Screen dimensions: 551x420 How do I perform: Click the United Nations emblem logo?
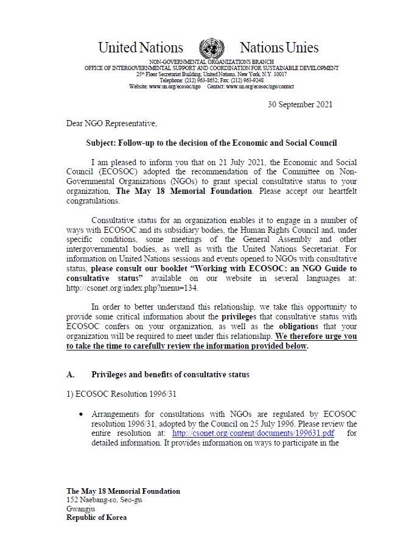coord(211,48)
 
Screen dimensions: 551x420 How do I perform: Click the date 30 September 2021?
coord(300,104)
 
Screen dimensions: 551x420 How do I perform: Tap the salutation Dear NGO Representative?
coord(111,124)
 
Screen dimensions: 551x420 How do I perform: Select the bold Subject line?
coord(211,143)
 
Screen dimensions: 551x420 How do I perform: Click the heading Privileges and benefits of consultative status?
coord(170,374)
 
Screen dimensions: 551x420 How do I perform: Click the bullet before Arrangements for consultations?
coord(82,414)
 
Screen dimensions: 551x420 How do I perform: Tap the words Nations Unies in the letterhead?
coord(279,48)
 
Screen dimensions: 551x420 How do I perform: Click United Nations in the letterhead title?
coord(141,48)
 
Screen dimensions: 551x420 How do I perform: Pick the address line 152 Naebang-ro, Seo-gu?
coord(104,500)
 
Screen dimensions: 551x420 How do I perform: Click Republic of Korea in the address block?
coord(97,517)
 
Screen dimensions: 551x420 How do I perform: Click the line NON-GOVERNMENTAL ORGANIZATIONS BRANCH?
coord(212,62)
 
